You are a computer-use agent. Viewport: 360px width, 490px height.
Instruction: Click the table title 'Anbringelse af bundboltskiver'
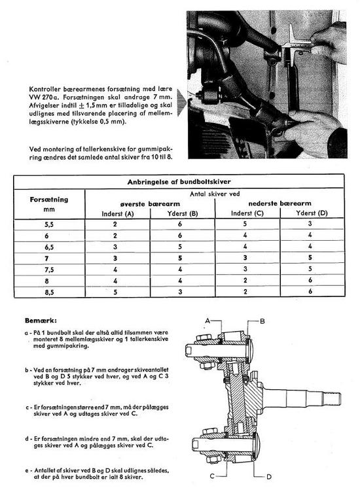click(179, 182)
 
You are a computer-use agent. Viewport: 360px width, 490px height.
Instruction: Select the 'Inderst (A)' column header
click(118, 214)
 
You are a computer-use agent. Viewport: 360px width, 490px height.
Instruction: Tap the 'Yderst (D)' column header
click(312, 213)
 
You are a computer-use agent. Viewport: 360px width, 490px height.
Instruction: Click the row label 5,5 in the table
click(49, 224)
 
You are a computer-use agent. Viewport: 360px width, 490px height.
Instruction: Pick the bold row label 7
click(47, 258)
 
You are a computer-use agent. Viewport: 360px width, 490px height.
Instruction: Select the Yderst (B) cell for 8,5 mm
click(180, 292)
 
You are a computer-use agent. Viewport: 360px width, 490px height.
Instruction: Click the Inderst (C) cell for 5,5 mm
click(245, 224)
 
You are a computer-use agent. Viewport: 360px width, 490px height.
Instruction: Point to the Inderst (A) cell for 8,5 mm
click(115, 292)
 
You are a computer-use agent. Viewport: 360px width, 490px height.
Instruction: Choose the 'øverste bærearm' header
click(150, 204)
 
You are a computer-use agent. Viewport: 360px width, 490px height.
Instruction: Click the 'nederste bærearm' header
click(279, 203)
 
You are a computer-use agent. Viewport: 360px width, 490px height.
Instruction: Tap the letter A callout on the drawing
click(208, 321)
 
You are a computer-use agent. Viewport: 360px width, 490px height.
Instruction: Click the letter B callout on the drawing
click(262, 321)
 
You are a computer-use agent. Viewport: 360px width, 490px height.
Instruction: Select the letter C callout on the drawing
click(212, 476)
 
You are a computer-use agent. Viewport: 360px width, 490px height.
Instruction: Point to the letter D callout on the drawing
click(269, 476)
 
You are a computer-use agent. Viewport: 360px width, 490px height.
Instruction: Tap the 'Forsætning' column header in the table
click(49, 200)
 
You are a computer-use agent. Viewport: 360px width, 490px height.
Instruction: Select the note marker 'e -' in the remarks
click(28, 470)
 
